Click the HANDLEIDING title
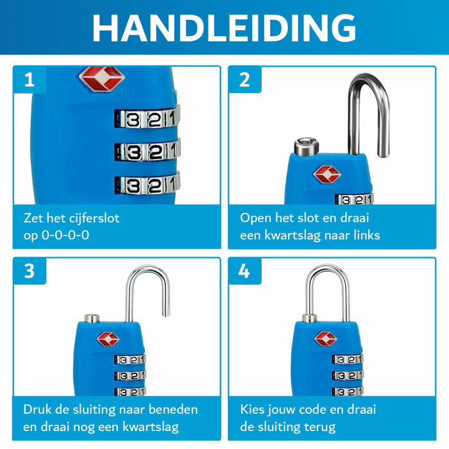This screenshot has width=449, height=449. coord(224,27)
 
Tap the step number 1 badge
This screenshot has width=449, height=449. coord(30,80)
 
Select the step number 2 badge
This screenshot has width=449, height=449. coord(244,80)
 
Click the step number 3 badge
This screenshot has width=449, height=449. coord(30,271)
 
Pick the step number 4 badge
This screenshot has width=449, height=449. coord(244,271)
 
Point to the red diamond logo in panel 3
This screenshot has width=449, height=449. coord(108,338)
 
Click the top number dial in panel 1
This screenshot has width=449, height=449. coord(147,118)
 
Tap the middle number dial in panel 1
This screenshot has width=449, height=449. coord(147,152)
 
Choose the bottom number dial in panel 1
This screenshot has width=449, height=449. coord(147,185)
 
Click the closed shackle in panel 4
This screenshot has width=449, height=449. coord(327,292)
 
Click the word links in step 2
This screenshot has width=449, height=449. coord(362,235)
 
